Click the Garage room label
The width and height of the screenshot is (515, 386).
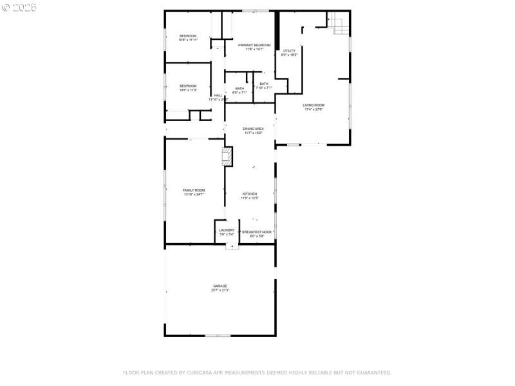[220, 286]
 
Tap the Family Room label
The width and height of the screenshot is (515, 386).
[194, 190]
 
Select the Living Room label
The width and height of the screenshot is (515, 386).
[314, 105]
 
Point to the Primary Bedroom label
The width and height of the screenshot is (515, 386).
[250, 45]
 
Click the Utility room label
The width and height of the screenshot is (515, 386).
[289, 50]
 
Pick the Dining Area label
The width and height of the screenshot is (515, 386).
[253, 129]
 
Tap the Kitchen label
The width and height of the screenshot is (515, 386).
[249, 194]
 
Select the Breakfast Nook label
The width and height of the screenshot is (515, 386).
[257, 232]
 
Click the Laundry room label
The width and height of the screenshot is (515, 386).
[227, 230]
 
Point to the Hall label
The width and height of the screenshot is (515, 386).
[218, 95]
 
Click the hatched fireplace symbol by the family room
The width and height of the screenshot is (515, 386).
[227, 158]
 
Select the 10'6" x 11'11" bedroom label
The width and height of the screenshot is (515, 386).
[188, 35]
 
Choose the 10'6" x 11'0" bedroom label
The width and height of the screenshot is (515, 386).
[188, 86]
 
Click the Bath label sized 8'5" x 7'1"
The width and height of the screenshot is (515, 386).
[239, 89]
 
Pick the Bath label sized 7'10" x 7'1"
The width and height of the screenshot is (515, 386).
[264, 84]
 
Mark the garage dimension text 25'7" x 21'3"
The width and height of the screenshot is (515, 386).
[220, 290]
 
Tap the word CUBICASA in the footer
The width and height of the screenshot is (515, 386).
[201, 372]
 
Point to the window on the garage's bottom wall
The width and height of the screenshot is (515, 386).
[218, 335]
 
